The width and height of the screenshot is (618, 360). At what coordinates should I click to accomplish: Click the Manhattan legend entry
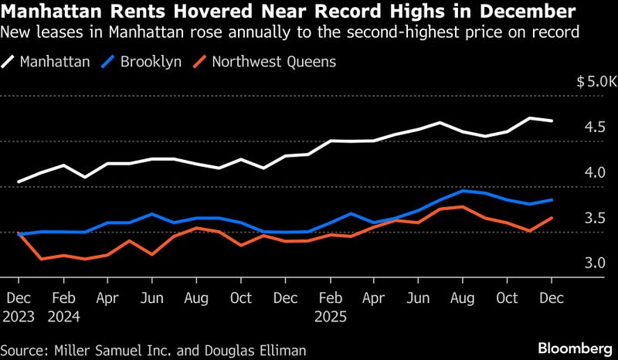53,62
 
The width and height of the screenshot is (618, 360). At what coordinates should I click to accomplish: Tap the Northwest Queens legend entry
267,62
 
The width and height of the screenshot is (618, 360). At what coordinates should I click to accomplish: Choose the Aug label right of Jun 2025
463,297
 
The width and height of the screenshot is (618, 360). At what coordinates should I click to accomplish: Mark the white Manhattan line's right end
552,121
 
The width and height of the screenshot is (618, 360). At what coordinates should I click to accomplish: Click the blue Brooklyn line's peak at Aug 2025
463,191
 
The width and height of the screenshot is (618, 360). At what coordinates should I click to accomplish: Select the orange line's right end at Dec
552,218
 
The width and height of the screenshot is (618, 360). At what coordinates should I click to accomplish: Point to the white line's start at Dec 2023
19,182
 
